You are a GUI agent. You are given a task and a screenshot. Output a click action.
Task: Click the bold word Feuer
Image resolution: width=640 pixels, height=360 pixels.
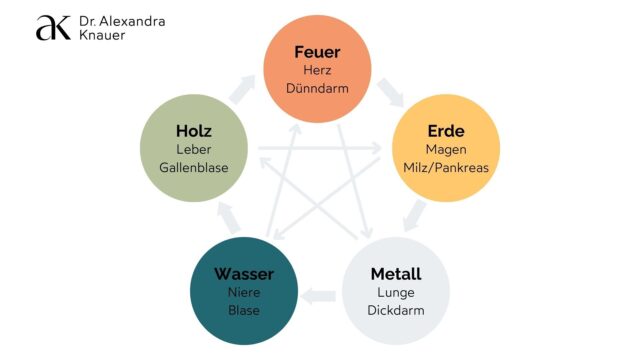pyautogui.click(x=317, y=52)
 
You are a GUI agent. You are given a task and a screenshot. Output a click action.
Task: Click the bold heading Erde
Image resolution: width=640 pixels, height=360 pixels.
pyautogui.click(x=446, y=132)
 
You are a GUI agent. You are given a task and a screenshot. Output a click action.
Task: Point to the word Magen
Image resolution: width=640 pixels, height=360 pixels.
pyautogui.click(x=446, y=150)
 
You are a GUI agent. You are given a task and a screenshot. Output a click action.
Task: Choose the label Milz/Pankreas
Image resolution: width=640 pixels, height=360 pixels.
pyautogui.click(x=446, y=168)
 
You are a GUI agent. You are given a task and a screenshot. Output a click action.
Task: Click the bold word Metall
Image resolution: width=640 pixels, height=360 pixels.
pyautogui.click(x=396, y=274)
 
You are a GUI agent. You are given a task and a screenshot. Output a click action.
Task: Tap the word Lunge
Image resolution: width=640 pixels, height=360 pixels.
pyautogui.click(x=396, y=292)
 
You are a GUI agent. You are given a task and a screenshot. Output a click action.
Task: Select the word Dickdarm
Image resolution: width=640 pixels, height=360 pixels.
pyautogui.click(x=396, y=310)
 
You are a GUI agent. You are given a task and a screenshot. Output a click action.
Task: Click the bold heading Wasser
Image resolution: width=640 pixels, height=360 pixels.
pyautogui.click(x=243, y=274)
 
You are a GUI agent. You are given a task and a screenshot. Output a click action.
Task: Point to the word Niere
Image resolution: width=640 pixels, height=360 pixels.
pyautogui.click(x=243, y=292)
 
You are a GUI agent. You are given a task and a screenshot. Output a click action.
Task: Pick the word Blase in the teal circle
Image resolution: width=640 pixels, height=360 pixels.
pyautogui.click(x=243, y=310)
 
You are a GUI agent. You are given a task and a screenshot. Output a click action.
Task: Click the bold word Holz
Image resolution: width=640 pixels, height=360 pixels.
pyautogui.click(x=194, y=132)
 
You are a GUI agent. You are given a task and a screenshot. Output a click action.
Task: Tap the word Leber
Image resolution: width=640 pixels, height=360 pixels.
pyautogui.click(x=194, y=150)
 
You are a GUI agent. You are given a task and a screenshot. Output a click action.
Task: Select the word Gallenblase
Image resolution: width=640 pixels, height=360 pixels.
pyautogui.click(x=194, y=168)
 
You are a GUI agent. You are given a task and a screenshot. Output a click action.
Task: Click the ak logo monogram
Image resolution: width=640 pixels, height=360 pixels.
pyautogui.click(x=53, y=28)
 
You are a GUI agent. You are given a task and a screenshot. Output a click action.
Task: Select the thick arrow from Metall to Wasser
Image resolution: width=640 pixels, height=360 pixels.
pyautogui.click(x=320, y=295)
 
